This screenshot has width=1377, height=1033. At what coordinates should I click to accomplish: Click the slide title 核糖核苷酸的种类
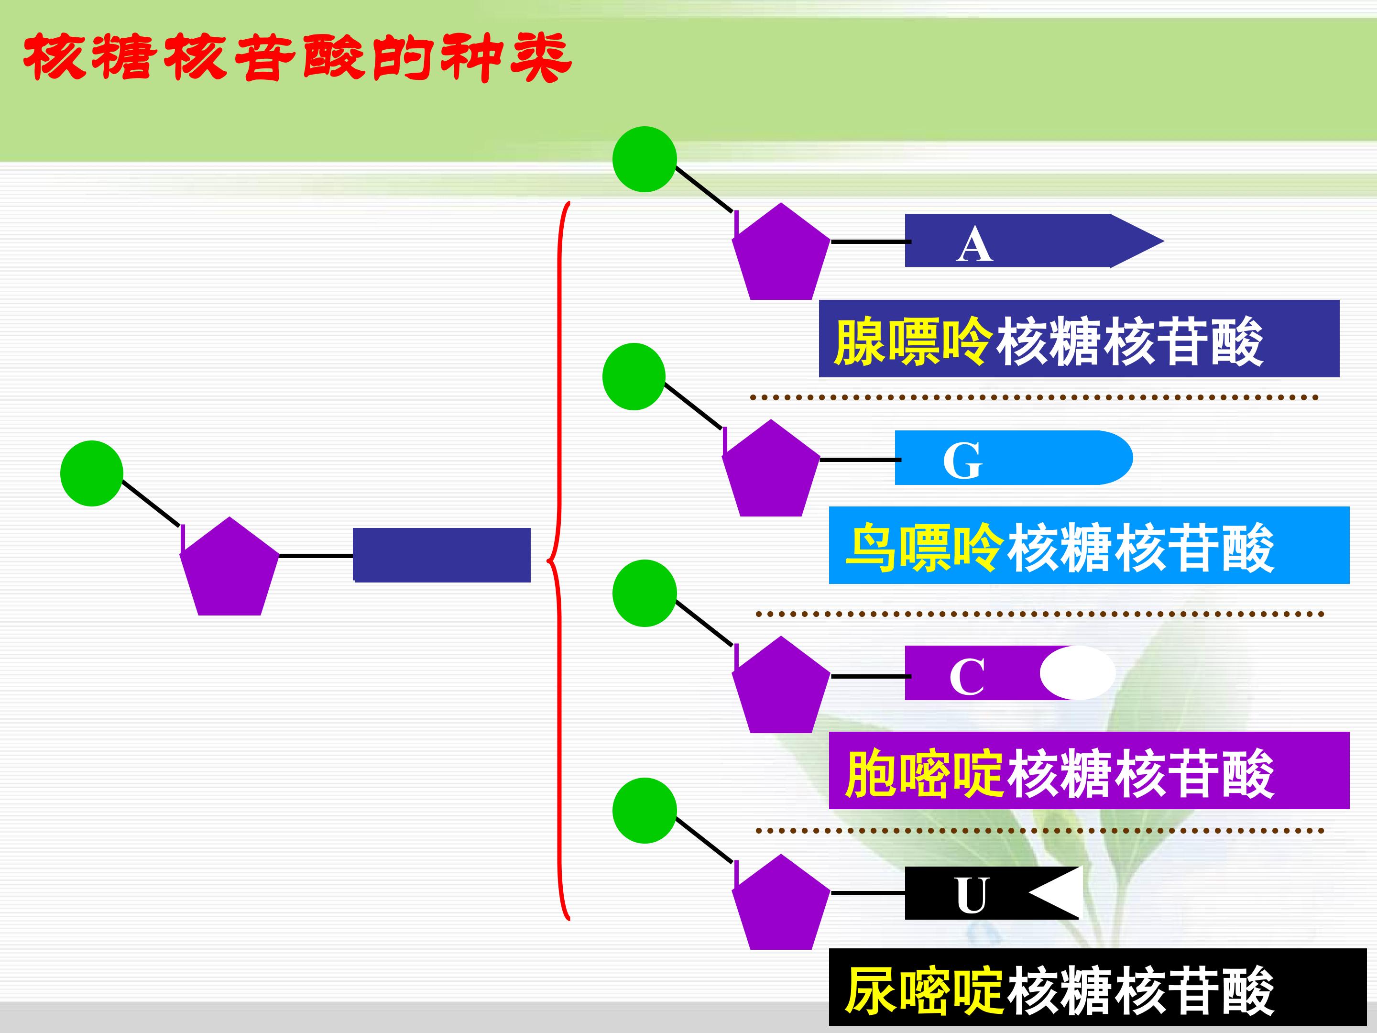tap(297, 57)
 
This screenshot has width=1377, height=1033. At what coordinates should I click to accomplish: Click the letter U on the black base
tap(971, 895)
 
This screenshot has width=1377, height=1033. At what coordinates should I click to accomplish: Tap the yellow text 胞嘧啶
tap(924, 774)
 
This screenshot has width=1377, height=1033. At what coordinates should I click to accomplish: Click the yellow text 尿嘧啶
tap(924, 990)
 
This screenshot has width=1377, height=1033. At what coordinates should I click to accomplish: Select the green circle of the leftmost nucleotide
tap(91, 473)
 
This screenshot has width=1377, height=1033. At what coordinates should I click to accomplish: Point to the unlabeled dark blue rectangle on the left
tap(442, 555)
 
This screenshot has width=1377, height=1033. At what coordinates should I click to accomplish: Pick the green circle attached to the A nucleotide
tap(645, 159)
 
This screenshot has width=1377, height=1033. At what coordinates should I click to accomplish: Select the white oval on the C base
tap(1077, 672)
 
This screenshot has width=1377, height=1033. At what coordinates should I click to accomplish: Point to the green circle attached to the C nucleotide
tap(645, 593)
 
